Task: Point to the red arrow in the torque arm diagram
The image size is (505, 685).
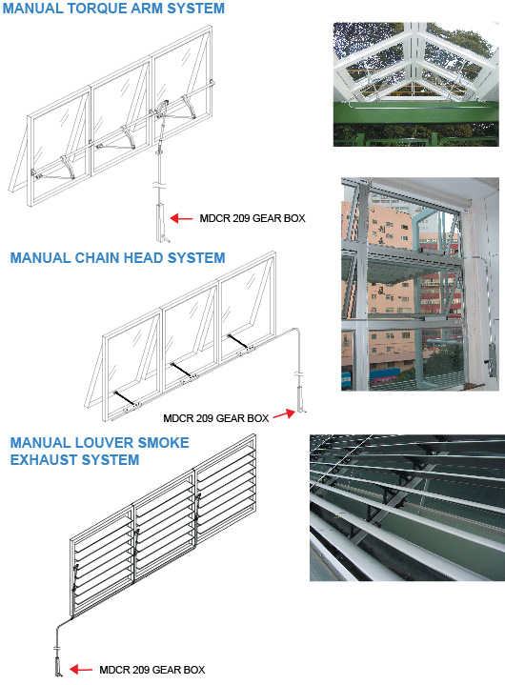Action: point(181,218)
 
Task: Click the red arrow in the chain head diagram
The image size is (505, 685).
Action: point(284,413)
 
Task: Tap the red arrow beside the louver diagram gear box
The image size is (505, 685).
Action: point(81,669)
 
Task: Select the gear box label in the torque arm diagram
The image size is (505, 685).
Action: point(252,218)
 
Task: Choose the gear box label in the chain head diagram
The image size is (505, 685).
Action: point(215,418)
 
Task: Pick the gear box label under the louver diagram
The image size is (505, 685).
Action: point(152,670)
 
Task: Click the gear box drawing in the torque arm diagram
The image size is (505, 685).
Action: point(161,221)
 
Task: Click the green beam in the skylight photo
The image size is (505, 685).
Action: point(415,113)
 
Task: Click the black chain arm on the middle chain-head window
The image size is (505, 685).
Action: point(181,369)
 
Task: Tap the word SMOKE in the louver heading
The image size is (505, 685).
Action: point(163,443)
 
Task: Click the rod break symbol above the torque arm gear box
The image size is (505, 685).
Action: point(160,185)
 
